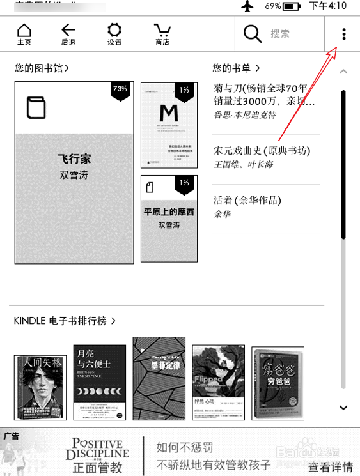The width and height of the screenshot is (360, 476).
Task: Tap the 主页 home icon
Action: tap(24, 33)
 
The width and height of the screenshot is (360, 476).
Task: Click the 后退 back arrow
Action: tap(68, 33)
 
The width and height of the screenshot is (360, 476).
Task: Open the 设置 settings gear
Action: tap(114, 33)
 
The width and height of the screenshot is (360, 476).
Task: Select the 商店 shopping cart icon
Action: tap(162, 33)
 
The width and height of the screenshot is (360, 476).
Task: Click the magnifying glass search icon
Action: tap(253, 34)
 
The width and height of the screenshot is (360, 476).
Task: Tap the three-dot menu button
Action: tap(344, 34)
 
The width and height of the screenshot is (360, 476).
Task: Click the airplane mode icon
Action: tap(247, 6)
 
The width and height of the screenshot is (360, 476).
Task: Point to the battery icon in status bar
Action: tap(291, 6)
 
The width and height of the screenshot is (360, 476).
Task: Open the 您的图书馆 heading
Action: tap(42, 68)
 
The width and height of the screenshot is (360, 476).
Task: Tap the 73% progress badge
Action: tap(120, 90)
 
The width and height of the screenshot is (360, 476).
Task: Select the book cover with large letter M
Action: tap(169, 125)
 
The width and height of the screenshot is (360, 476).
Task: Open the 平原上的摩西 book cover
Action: tap(169, 218)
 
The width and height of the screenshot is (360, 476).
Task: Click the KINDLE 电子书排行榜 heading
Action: tap(64, 321)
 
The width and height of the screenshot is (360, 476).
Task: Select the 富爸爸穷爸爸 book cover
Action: tap(278, 383)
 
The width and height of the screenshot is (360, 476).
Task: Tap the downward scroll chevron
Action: tap(343, 408)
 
